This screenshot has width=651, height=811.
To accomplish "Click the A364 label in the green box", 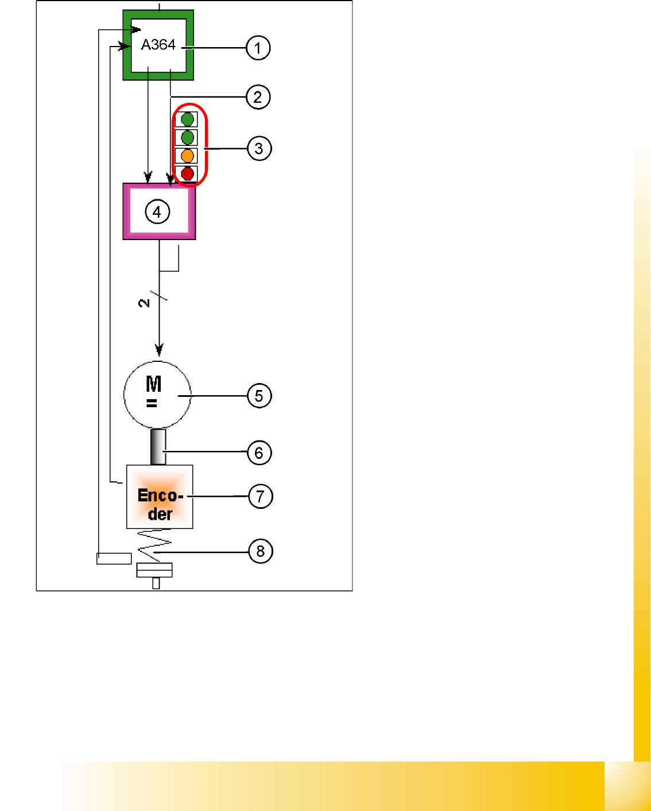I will coord(158,45).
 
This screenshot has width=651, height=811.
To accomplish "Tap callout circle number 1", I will coord(258,48).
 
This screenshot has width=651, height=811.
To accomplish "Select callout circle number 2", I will coord(258,97).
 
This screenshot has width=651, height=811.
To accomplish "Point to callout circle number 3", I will coord(259,149).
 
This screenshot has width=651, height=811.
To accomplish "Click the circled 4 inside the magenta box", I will coord(157,212).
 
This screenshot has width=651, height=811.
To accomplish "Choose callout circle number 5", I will coord(259,396).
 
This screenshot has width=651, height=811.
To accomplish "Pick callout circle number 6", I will coord(259,453).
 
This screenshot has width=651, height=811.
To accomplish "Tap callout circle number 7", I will coord(260,496).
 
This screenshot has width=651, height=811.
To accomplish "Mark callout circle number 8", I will coord(260,551).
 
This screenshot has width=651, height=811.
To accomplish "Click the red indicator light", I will coord(187,173).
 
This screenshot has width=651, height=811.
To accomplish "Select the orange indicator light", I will coord(187,156).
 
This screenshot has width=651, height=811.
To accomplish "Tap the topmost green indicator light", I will coord(187,119).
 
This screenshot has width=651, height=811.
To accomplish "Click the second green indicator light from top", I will coord(187,138).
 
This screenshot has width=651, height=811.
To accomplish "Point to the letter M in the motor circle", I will coord(153,384).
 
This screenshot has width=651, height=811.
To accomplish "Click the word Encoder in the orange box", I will coord(160,504).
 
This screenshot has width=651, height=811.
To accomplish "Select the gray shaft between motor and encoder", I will coord(158,447).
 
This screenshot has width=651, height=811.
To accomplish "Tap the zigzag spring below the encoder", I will coord(154,545).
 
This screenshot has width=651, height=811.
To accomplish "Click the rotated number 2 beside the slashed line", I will coord(144,303).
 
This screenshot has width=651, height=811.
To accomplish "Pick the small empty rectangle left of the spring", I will coord(114,558).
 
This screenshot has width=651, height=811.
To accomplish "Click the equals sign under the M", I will coord(152,404).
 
